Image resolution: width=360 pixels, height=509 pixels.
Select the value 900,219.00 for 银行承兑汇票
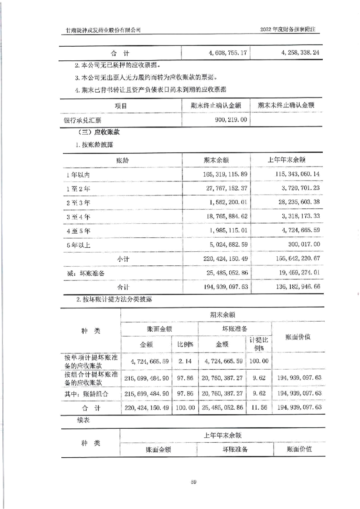pyautogui.click(x=228, y=119)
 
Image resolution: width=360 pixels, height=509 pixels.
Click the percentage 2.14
pyautogui.click(x=186, y=362)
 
